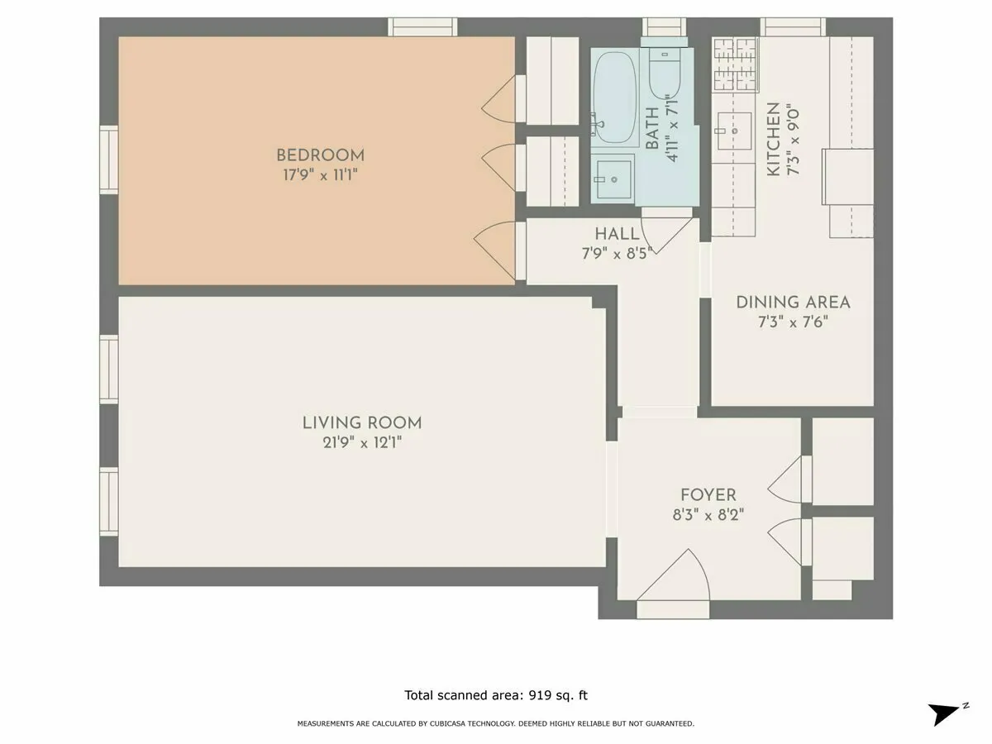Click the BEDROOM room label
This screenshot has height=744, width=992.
pyautogui.click(x=320, y=155)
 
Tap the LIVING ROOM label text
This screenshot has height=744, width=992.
pyautogui.click(x=362, y=422)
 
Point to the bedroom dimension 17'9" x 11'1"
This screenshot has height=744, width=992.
pyautogui.click(x=320, y=175)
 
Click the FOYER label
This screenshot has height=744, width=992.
pyautogui.click(x=708, y=494)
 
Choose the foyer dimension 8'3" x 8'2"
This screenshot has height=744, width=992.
pyautogui.click(x=708, y=514)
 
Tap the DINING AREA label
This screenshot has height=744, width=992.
pyautogui.click(x=793, y=303)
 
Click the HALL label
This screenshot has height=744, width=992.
pyautogui.click(x=617, y=234)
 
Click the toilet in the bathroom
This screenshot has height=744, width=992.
pyautogui.click(x=663, y=74)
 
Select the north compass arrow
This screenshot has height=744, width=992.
pyautogui.click(x=946, y=713)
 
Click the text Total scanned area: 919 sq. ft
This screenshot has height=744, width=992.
pyautogui.click(x=495, y=695)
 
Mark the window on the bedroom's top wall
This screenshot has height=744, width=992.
pyautogui.click(x=423, y=26)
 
